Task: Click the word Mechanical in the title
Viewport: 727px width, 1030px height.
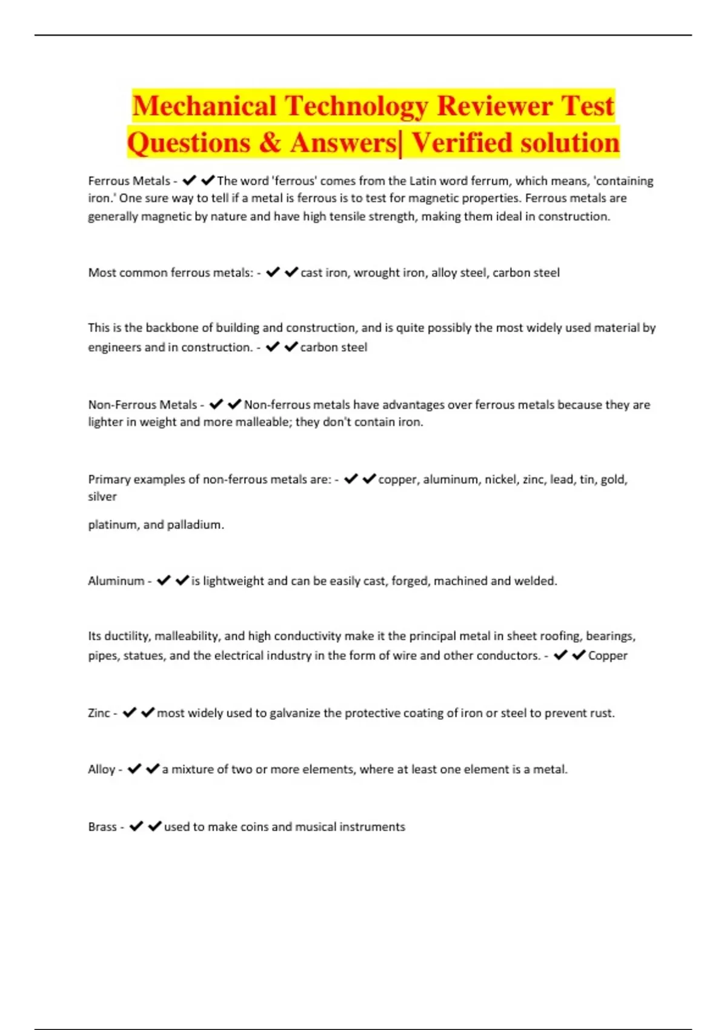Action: (x=204, y=106)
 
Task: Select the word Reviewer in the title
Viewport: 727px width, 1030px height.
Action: (x=494, y=106)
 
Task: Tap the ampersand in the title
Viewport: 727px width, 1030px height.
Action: (x=270, y=144)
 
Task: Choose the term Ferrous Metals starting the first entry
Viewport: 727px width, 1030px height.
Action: (x=129, y=181)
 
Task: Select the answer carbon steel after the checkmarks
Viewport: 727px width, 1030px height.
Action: (x=334, y=347)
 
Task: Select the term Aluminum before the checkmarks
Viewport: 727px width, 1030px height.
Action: (x=116, y=581)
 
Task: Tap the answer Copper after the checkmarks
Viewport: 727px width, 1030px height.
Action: (x=608, y=656)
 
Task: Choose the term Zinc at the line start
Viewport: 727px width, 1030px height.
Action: (x=99, y=713)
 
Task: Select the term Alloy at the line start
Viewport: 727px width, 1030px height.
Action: (x=101, y=769)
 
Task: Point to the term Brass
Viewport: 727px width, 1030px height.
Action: (x=102, y=827)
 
